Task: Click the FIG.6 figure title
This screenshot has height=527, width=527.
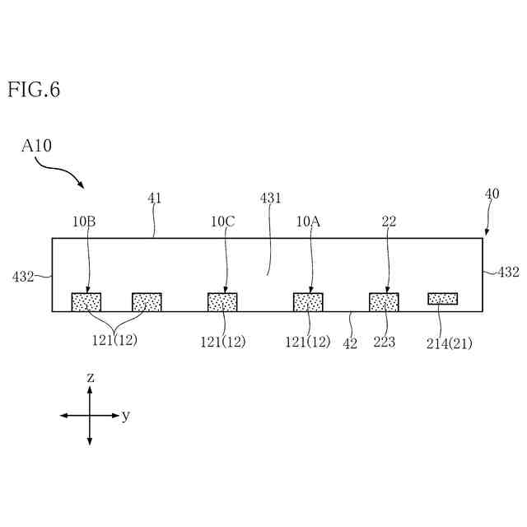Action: (34, 90)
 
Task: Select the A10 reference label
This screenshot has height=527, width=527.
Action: (36, 147)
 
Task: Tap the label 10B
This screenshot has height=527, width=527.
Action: (84, 221)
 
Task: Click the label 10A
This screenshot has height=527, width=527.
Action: (309, 221)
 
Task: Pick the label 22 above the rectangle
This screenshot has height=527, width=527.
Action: (389, 221)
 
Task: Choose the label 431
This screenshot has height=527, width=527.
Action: (271, 198)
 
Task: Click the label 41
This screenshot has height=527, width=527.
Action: (155, 198)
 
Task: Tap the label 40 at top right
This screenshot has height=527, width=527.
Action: (492, 194)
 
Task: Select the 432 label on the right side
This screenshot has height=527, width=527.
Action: (508, 273)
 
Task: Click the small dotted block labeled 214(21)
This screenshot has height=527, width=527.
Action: (442, 298)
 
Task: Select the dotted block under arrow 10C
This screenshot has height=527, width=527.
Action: (222, 302)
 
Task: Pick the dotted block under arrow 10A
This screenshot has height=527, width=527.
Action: (308, 302)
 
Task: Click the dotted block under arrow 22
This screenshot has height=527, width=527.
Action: (384, 302)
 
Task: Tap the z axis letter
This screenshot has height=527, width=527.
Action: (90, 377)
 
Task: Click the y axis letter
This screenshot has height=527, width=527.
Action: (126, 416)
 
